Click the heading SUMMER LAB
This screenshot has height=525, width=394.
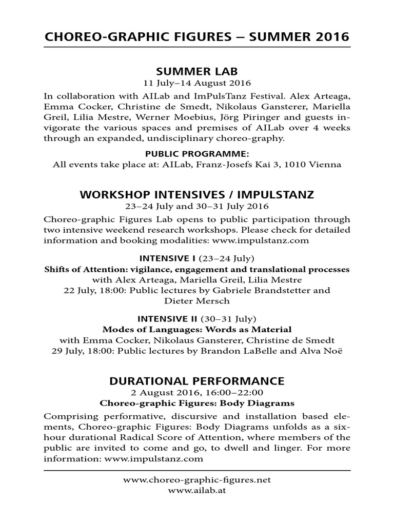pos(197,70)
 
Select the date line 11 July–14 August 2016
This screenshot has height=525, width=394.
pos(197,83)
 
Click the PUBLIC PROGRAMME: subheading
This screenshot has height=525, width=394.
pos(197,154)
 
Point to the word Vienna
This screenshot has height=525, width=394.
pos(327,165)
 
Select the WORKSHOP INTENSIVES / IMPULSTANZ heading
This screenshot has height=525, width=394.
pos(197,195)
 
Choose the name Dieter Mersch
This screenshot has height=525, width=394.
pos(197,301)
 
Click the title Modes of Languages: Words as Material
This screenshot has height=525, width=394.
pos(197,329)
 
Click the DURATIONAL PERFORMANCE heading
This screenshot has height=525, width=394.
pos(197,381)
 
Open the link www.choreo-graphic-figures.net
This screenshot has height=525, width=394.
pos(197,480)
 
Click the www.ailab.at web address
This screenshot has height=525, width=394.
pos(197,490)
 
